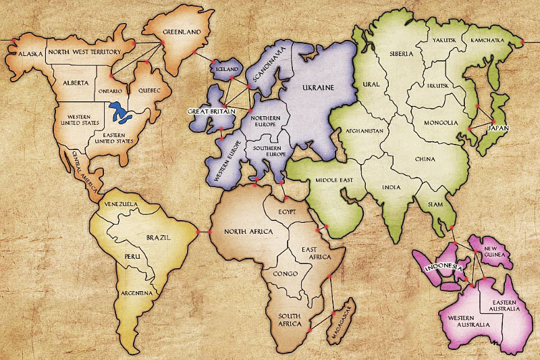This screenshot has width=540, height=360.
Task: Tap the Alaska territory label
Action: (x=30, y=53)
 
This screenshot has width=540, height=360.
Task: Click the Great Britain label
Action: (x=211, y=110)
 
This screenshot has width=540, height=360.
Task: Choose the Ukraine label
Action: (x=318, y=88)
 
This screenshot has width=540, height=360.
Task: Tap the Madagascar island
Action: (x=340, y=322)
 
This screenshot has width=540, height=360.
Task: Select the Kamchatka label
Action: (x=487, y=41)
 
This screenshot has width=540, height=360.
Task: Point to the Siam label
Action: (x=428, y=203)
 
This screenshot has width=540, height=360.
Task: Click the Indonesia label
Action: (x=442, y=267)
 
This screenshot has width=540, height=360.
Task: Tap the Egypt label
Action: (x=287, y=212)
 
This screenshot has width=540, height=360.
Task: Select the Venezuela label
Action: (x=120, y=203)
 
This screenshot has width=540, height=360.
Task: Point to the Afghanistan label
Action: (x=364, y=130)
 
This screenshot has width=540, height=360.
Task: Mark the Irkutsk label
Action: (x=437, y=86)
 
